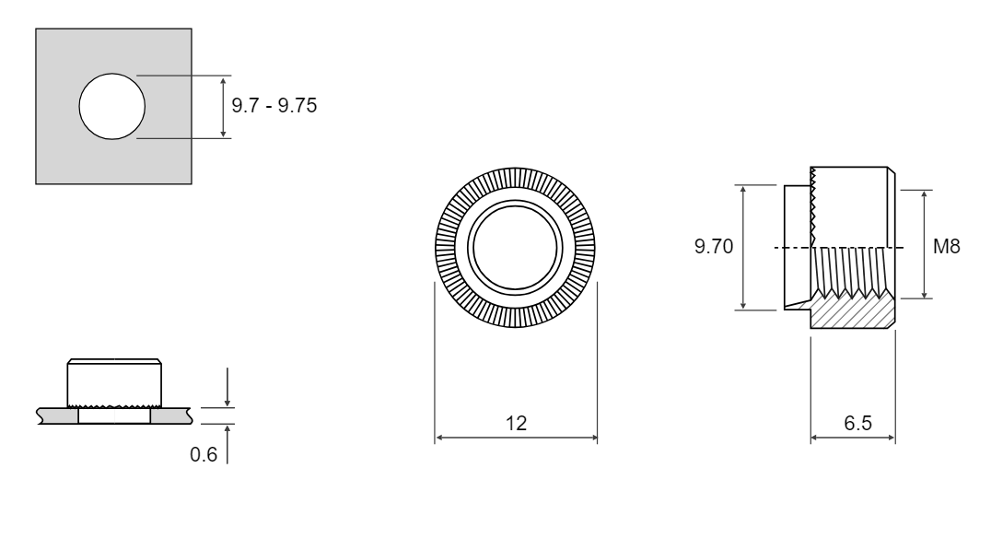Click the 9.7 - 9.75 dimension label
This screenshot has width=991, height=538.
click(274, 105)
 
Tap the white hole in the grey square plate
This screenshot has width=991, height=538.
click(111, 106)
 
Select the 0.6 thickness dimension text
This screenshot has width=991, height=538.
click(204, 454)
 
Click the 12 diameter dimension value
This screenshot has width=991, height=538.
click(516, 423)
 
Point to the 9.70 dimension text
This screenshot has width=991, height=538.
click(714, 246)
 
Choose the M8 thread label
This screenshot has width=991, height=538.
click(946, 246)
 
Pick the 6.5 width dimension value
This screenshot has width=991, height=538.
click(857, 423)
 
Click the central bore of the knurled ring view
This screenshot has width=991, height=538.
click(515, 247)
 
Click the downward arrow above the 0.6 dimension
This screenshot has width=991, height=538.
click(227, 387)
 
